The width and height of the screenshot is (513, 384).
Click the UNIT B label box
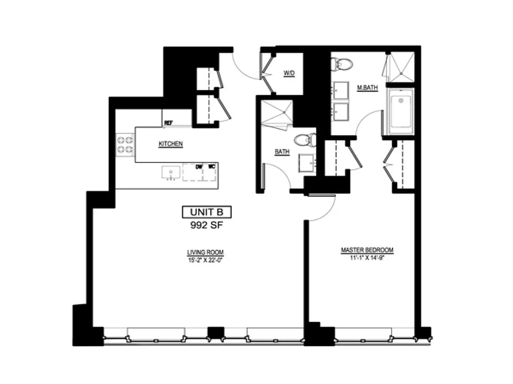point(207,212)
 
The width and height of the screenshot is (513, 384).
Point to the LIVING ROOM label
point(205,252)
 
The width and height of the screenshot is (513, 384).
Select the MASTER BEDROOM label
point(367,250)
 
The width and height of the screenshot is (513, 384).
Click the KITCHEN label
point(171,144)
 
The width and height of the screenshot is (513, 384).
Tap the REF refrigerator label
point(168,123)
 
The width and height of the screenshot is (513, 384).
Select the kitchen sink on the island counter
point(171,173)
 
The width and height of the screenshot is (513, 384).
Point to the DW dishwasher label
point(199,167)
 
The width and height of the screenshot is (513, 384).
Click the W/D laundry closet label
point(289,73)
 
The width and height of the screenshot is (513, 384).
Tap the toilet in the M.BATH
point(342,63)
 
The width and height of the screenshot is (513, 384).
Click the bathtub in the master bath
point(400,112)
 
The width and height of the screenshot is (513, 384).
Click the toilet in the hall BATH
point(304,140)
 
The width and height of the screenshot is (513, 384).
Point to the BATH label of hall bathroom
point(282,152)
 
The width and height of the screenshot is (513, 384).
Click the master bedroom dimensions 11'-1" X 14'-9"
point(367,257)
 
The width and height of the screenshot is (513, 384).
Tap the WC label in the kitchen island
point(210,167)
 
